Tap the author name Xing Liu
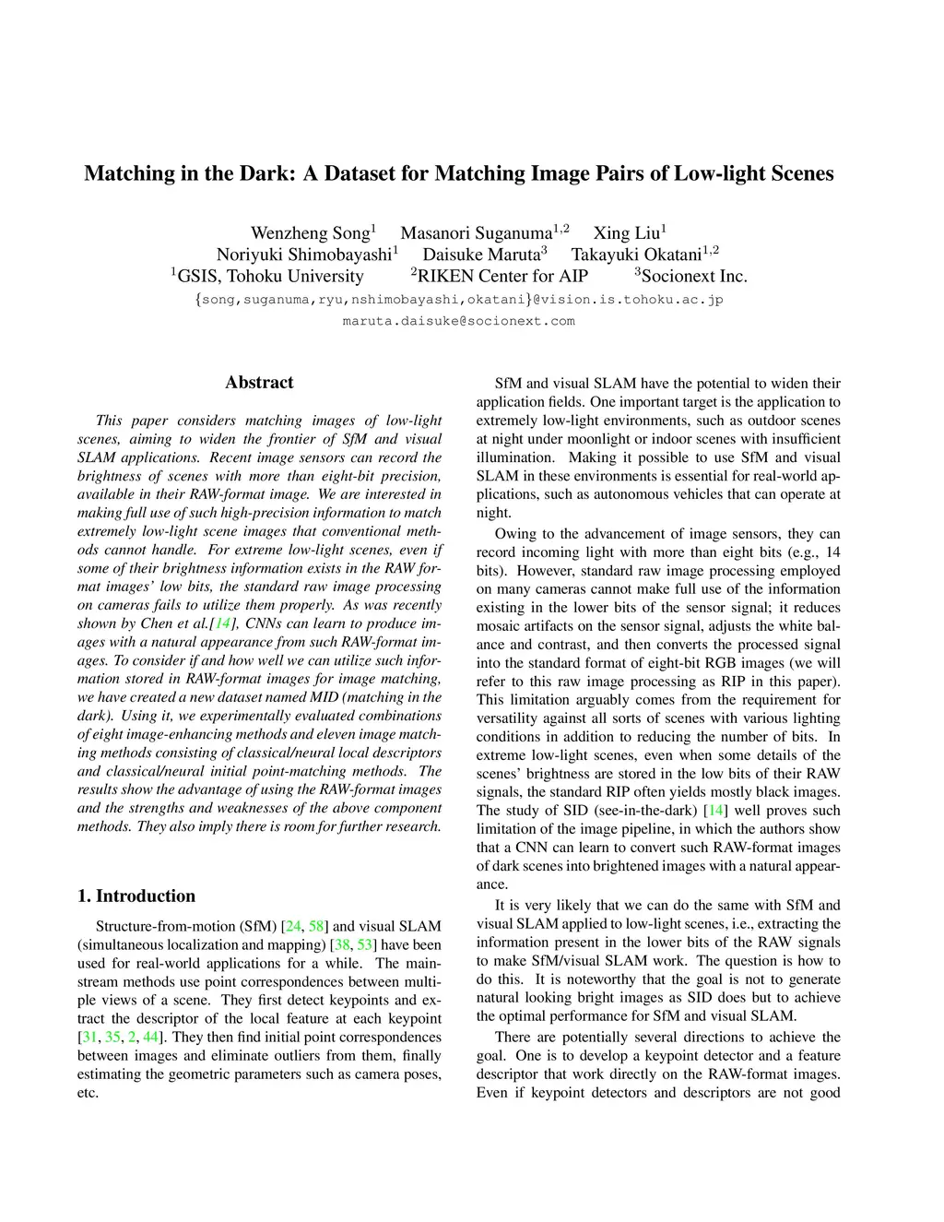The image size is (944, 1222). pyautogui.click(x=626, y=233)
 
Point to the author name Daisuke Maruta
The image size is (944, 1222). pyautogui.click(x=481, y=255)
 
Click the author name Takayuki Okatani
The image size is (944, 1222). pyautogui.click(x=636, y=255)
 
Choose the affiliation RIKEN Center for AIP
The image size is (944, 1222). pyautogui.click(x=502, y=277)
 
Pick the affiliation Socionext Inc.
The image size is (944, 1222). pyautogui.click(x=694, y=277)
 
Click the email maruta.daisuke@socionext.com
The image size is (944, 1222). pyautogui.click(x=458, y=321)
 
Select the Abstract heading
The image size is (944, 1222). pyautogui.click(x=259, y=383)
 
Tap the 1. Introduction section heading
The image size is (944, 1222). pyautogui.click(x=136, y=896)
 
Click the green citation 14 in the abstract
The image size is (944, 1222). pyautogui.click(x=222, y=623)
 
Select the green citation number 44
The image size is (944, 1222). pyautogui.click(x=151, y=1037)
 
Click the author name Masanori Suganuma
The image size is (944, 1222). pyautogui.click(x=476, y=233)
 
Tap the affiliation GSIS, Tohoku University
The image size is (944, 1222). pyautogui.click(x=270, y=277)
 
